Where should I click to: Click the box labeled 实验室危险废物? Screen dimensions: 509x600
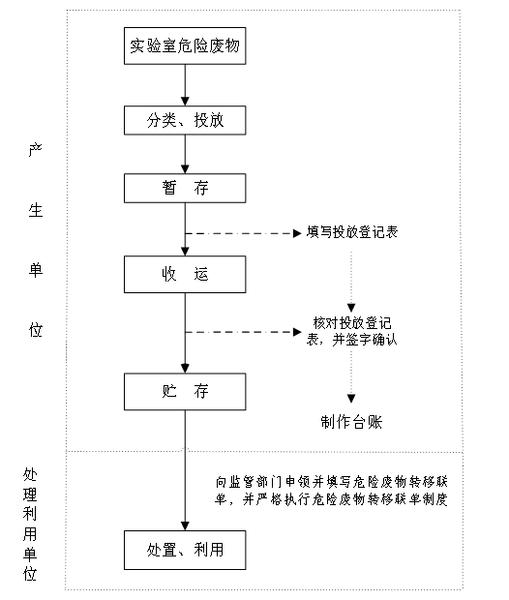pos(185,45)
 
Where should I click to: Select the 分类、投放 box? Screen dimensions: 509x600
pos(185,120)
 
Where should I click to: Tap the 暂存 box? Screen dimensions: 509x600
pos(185,189)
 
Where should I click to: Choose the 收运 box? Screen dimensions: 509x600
pos(185,275)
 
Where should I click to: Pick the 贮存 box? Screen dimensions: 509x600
pos(185,392)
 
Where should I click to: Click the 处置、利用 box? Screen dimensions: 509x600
pos(185,550)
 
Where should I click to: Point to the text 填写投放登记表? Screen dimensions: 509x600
pos(352,232)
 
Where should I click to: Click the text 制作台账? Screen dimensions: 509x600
pos(351,422)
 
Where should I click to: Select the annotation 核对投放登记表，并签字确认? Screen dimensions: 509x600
pos(351,331)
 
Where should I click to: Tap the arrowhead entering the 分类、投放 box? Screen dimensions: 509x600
pos(185,102)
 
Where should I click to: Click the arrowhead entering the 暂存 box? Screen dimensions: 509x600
pos(185,169)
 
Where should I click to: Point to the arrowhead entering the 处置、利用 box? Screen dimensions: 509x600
pos(185,526)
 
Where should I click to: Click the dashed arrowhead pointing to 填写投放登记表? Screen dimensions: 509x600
pos(297,233)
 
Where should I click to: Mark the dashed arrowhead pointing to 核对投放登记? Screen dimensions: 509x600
pos(297,332)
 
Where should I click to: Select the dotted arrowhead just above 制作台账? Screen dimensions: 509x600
pos(351,399)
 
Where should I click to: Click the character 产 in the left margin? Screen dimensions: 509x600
pos(35,150)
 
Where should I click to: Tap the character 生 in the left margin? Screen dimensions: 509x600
pos(35,210)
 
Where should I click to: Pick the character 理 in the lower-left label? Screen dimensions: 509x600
pos(30,495)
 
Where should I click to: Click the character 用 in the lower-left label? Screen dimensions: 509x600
pos(30,534)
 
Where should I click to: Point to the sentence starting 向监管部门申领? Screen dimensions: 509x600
pos(331,491)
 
